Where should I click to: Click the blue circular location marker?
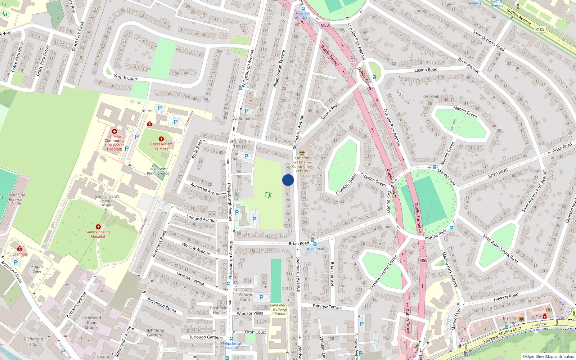[x=288, y=180]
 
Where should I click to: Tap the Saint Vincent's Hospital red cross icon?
[x=98, y=227]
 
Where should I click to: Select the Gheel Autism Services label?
[x=161, y=146]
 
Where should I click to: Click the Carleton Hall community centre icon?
[x=302, y=153]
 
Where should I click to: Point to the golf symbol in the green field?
[x=268, y=195]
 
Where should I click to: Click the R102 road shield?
[x=540, y=29]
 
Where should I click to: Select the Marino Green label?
[x=465, y=112]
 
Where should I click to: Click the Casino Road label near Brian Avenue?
[x=426, y=70]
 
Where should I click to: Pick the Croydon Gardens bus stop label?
[x=303, y=15]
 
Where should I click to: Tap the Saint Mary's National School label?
[x=280, y=310]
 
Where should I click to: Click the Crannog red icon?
[x=20, y=248]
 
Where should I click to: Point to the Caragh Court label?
[x=245, y=297]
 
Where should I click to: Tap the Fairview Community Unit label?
[x=114, y=143]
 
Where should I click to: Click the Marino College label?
[x=509, y=320]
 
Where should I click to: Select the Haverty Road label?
[x=506, y=297]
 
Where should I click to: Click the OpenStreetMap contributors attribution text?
[x=548, y=356]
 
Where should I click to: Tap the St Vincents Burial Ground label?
[x=158, y=171]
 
